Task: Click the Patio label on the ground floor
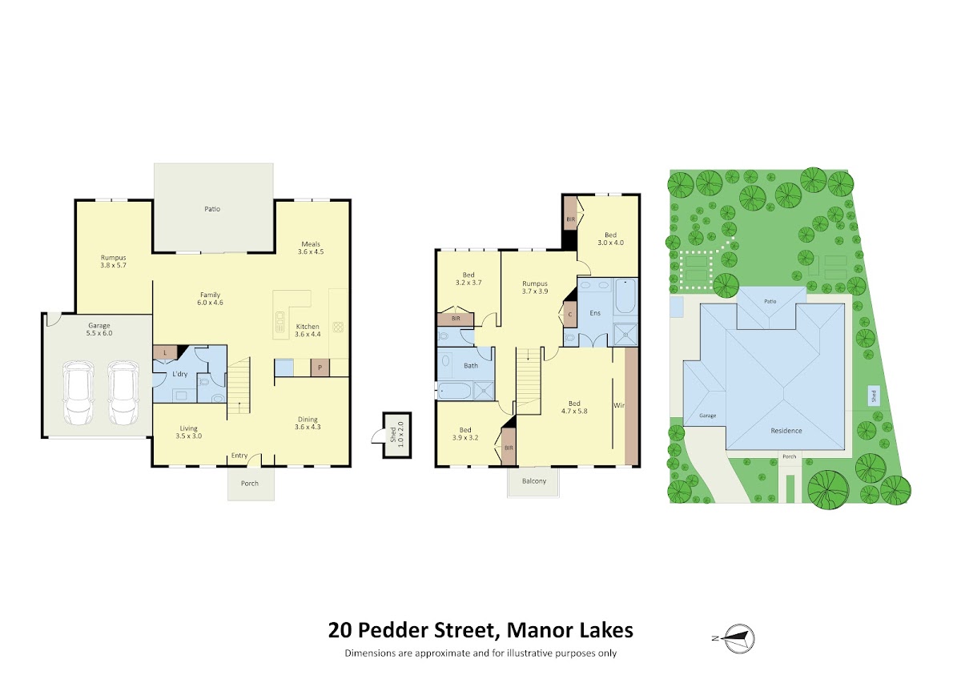coord(212,209)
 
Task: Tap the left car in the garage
coord(78,392)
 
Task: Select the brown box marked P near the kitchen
coord(320,368)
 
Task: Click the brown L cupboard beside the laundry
coord(165,353)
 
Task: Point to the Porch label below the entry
coord(250,484)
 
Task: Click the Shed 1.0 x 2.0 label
coord(397,435)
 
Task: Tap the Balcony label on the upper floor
coord(534,481)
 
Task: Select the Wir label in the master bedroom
coord(618,405)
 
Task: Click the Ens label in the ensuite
coord(595,313)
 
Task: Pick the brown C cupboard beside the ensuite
coord(569,315)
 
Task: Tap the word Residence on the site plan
coord(786,431)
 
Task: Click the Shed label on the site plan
coord(873,396)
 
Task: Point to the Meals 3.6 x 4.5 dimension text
coord(311,248)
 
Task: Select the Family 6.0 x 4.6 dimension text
coord(210,299)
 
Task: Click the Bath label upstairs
coord(471,366)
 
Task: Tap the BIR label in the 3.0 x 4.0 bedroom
coord(570,219)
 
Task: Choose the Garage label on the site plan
coord(707,416)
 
